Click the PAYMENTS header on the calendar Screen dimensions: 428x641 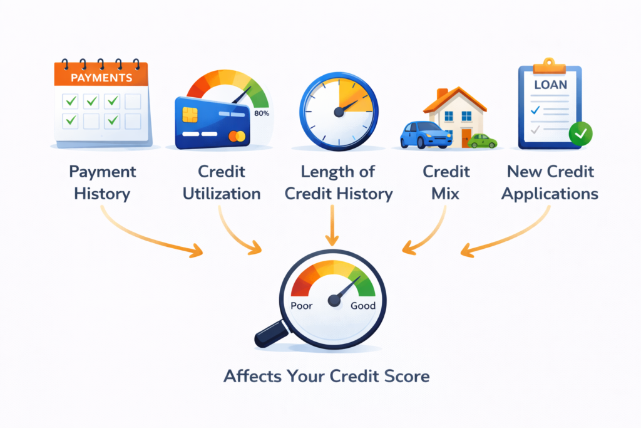(102, 78)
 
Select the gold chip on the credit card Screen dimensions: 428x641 (190, 114)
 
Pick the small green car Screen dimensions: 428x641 (483, 140)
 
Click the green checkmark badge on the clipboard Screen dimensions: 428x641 (580, 133)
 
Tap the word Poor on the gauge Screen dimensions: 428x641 (303, 306)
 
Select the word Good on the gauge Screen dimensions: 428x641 (363, 306)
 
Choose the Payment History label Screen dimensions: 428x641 (102, 182)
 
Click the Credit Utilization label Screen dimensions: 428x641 (222, 182)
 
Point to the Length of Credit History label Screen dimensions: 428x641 (339, 182)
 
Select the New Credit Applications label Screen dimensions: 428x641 (550, 182)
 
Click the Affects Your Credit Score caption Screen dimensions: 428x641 (327, 377)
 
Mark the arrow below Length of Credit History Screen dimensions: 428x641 (332, 226)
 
